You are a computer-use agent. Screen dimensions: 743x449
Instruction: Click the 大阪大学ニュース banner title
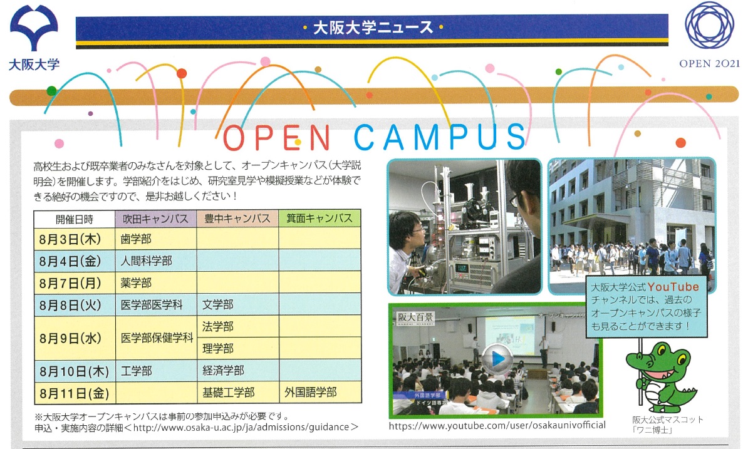click(373, 28)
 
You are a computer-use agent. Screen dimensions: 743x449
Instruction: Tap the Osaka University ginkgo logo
click(34, 28)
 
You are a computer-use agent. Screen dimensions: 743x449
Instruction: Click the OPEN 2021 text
click(709, 63)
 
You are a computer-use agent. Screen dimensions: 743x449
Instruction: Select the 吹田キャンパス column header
click(155, 219)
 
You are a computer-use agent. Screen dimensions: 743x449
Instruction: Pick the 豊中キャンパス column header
click(237, 219)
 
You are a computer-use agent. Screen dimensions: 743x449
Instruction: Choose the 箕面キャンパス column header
click(320, 219)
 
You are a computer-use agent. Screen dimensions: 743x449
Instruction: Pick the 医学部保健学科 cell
click(157, 338)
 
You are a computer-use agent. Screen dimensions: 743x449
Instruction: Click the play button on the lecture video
click(497, 359)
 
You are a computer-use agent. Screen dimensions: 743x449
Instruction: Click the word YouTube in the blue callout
click(673, 287)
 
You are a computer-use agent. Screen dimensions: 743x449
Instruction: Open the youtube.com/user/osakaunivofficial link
click(497, 425)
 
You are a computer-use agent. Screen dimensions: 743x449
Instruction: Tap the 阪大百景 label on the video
click(415, 317)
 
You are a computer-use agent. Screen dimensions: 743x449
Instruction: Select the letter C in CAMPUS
click(367, 137)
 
